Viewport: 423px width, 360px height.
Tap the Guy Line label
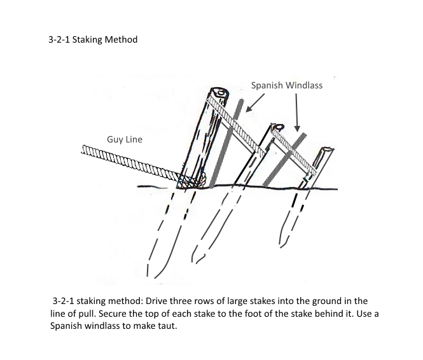(x=125, y=139)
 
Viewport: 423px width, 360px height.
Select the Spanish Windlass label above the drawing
(x=286, y=85)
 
